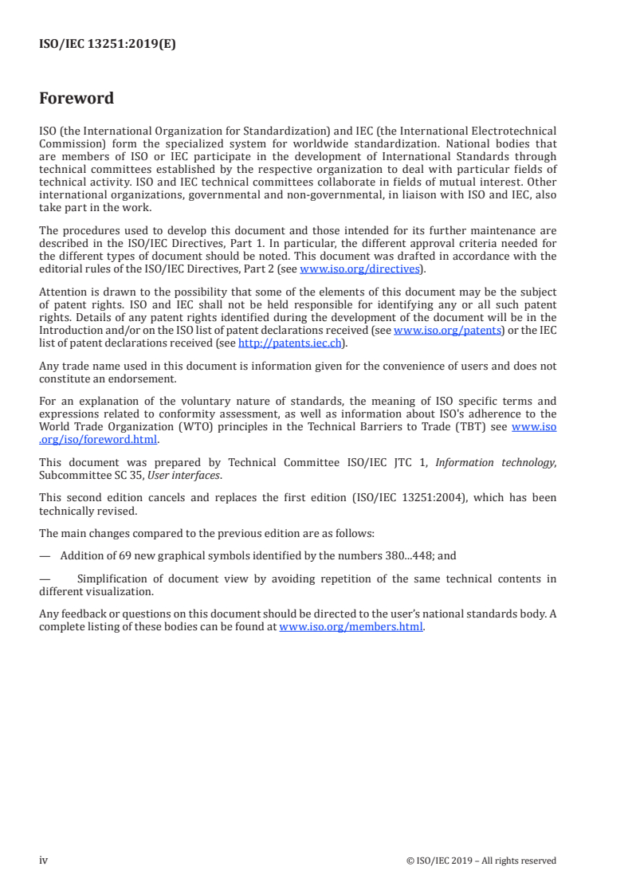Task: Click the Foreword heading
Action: coord(77,99)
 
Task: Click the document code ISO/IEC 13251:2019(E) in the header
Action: coord(107,45)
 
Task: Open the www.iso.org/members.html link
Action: coord(351,627)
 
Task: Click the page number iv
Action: coord(44,860)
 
